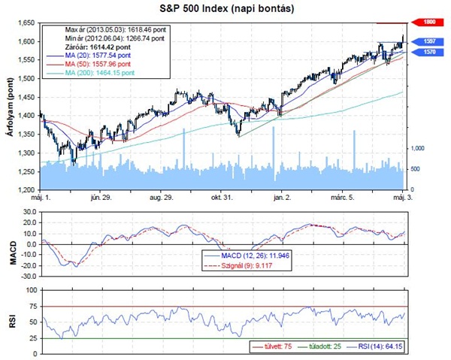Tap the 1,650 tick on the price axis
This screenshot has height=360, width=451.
click(x=26, y=23)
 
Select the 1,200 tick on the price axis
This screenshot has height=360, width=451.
click(x=26, y=190)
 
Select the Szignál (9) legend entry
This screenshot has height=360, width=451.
click(x=244, y=265)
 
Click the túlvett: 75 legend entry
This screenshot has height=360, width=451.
click(x=274, y=347)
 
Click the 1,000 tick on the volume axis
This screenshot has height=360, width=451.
click(x=419, y=148)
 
